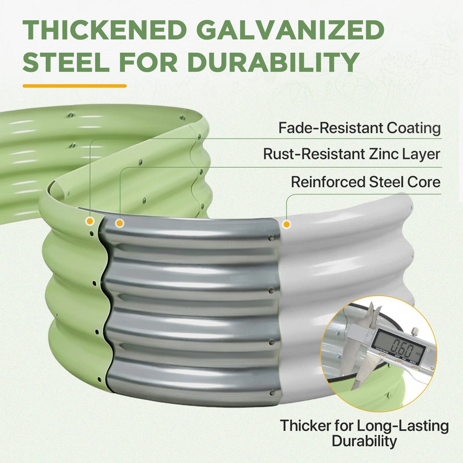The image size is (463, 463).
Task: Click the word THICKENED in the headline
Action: [x=104, y=31]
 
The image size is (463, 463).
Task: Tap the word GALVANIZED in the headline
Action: [x=291, y=31]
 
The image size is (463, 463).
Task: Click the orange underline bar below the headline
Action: [x=74, y=86]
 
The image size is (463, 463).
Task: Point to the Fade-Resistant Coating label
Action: [x=359, y=128]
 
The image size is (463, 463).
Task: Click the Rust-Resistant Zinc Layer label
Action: [x=352, y=154]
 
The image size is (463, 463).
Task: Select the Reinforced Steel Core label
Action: [x=366, y=182]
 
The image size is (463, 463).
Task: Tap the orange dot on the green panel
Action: [x=90, y=221]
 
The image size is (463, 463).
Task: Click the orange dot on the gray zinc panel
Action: [x=119, y=223]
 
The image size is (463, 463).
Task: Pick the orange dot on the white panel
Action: [x=286, y=224]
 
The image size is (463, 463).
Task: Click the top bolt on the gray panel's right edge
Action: [x=271, y=238]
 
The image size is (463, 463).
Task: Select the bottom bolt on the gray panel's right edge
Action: [x=272, y=393]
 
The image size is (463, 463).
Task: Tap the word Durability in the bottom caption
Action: [x=365, y=441]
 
